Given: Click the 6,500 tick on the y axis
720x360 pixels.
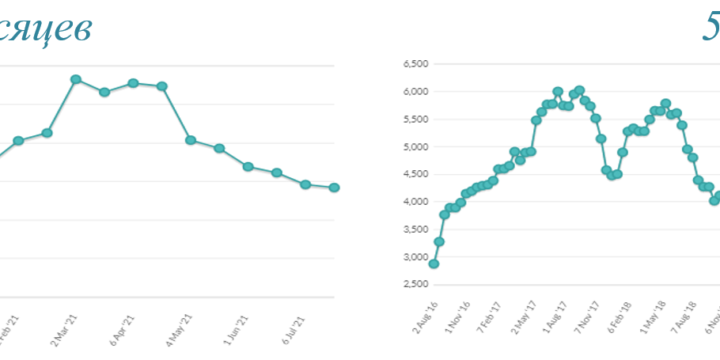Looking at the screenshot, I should point(415,63).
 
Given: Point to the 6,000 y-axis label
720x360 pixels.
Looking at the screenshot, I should point(415,91).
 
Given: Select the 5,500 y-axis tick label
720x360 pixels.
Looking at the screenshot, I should point(415,119).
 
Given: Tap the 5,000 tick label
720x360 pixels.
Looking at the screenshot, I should point(415,146).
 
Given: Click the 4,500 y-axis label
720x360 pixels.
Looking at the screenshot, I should point(415,174).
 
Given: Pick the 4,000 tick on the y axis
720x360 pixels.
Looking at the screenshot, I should point(415,202).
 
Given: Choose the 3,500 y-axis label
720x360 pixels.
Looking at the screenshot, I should point(415,229).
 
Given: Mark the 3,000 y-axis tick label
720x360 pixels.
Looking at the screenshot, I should point(415,257).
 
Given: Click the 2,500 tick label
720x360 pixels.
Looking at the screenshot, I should point(415,285).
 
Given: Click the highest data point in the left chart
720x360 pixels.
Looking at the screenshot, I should point(76,79).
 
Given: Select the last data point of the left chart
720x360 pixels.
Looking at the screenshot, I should point(334,188).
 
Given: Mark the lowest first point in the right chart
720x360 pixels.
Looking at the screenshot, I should point(434,263).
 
